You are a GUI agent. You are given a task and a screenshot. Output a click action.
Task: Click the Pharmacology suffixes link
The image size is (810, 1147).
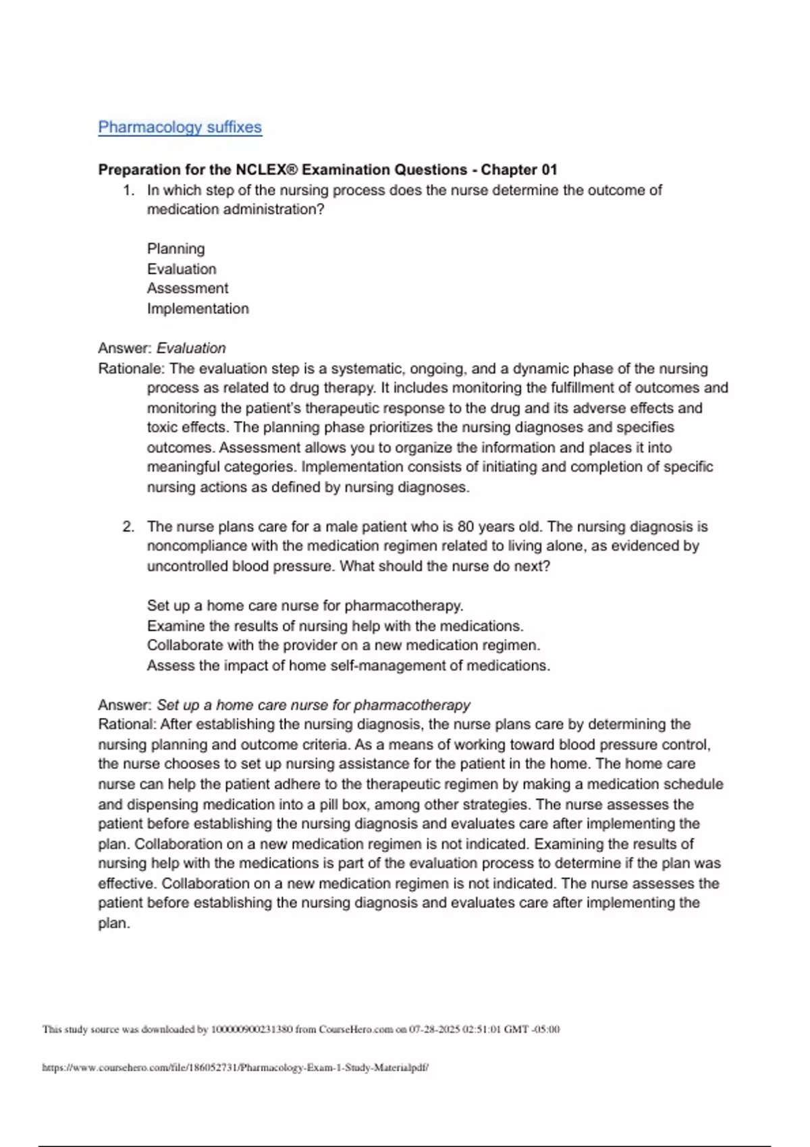tap(180, 127)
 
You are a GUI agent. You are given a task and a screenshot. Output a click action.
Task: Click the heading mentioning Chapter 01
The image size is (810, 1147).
tap(327, 169)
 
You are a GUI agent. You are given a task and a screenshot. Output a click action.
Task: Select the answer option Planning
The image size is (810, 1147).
tap(175, 249)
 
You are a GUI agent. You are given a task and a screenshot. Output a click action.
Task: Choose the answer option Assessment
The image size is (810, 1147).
tap(188, 288)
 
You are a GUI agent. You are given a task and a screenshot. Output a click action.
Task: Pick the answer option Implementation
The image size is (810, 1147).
tap(198, 308)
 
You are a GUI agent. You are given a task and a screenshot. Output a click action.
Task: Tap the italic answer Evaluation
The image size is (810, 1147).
tap(191, 348)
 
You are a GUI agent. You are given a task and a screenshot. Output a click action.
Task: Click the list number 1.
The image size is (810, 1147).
tap(128, 190)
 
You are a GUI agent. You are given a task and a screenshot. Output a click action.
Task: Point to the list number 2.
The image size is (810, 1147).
tap(128, 526)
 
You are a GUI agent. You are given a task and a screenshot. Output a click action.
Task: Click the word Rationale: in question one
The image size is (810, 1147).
tap(131, 368)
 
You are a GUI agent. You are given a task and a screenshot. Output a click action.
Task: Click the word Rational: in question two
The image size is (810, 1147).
tap(127, 724)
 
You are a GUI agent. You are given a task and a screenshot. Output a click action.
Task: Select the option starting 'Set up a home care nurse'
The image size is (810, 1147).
tap(304, 605)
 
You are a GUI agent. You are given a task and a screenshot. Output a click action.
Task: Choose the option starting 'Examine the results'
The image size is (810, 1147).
tap(335, 625)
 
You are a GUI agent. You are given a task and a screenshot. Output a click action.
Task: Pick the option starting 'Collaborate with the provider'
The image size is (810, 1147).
tap(343, 645)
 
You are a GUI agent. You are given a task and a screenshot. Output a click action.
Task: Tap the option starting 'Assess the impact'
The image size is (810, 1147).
tap(348, 665)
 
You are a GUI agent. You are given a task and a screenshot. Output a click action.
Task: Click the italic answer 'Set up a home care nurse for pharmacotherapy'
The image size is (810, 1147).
tap(313, 705)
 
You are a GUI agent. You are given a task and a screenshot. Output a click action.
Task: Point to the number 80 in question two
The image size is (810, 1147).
tap(466, 526)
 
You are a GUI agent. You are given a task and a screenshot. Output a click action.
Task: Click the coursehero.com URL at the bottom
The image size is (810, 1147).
tap(235, 1067)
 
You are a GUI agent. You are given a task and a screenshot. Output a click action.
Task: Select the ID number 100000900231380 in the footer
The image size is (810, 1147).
tap(252, 1029)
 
